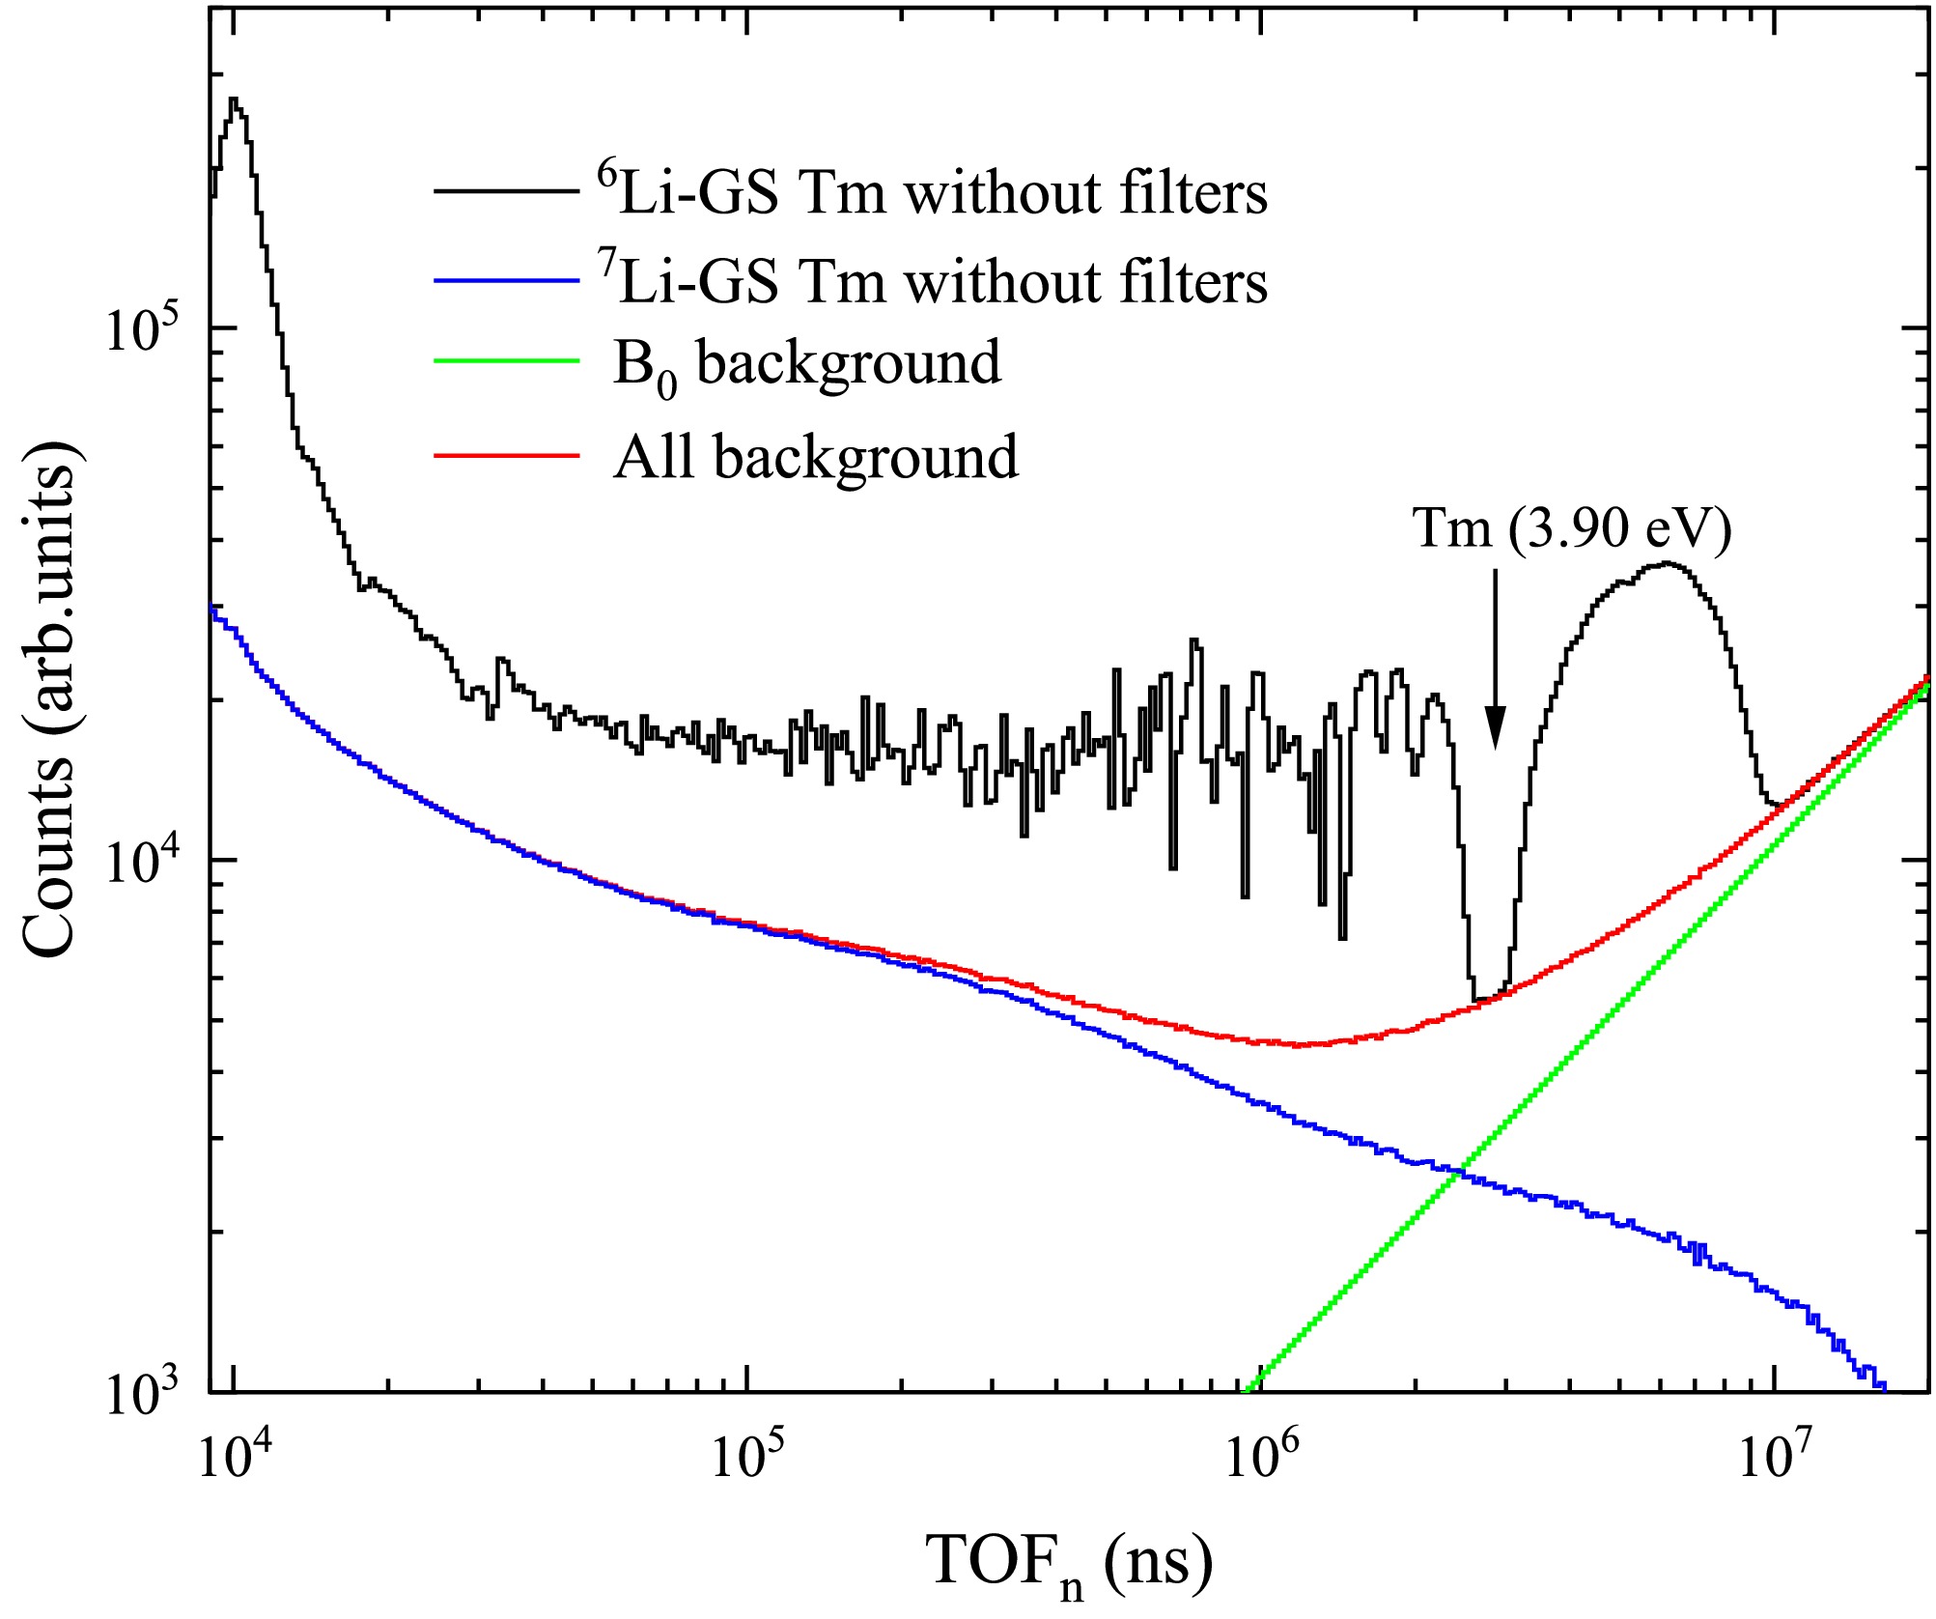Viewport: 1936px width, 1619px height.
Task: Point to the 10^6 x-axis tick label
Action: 1259,1457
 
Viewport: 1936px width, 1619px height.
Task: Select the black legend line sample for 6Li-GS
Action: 506,191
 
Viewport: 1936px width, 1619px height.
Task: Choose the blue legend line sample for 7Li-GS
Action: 506,280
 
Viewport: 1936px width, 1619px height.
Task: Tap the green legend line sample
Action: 506,361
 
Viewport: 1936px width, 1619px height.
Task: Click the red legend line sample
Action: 506,454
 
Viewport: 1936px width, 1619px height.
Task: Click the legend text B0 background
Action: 807,365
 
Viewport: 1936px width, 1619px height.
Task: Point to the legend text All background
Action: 816,456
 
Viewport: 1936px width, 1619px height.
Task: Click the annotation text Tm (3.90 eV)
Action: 1572,528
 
